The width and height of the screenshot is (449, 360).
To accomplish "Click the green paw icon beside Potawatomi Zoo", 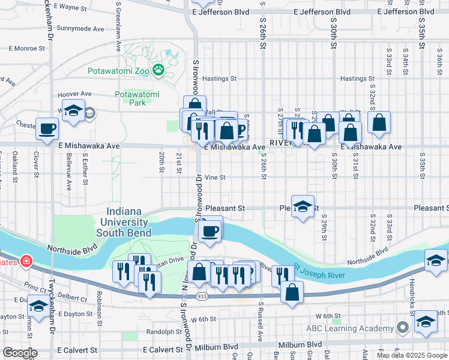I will click(158, 71).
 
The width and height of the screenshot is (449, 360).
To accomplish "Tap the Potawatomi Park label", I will click(137, 98).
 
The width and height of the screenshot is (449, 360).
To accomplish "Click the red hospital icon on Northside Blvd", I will click(26, 261).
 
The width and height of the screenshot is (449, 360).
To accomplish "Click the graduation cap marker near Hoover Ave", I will click(74, 112).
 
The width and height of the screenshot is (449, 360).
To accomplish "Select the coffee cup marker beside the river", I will click(209, 230).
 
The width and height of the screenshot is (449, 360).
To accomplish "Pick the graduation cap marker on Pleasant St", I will click(303, 206).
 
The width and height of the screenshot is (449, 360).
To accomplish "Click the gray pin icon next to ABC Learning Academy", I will click(403, 328).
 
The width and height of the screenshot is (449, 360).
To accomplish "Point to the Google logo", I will click(20, 353).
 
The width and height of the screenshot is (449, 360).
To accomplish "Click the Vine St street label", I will click(215, 178).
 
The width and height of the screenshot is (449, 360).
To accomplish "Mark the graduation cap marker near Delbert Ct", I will click(39, 306).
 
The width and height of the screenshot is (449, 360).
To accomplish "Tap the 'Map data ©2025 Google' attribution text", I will click(412, 355).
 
